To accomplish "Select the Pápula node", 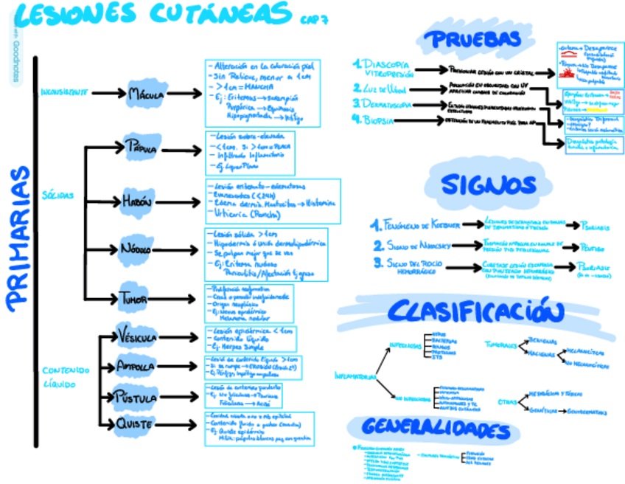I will click(142, 148).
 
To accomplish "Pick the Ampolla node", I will click(136, 367).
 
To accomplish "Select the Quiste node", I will click(135, 423).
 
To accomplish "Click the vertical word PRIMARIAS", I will click(18, 236).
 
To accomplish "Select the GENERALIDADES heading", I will click(437, 428).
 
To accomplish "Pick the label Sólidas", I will click(57, 196).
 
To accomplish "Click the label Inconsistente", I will click(65, 93).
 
